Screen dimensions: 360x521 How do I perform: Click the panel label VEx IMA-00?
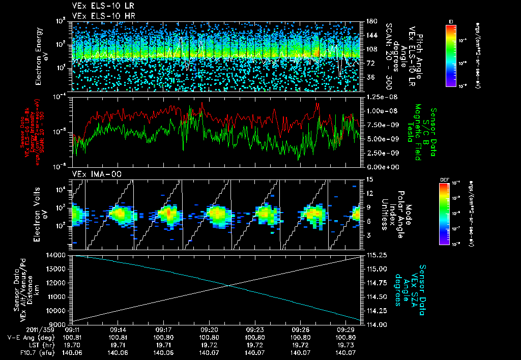click(93, 174)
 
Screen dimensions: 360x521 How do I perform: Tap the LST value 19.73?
click(349, 344)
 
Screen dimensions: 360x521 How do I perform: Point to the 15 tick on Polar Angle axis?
click(369, 179)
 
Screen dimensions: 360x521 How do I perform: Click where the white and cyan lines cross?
click(228, 285)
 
